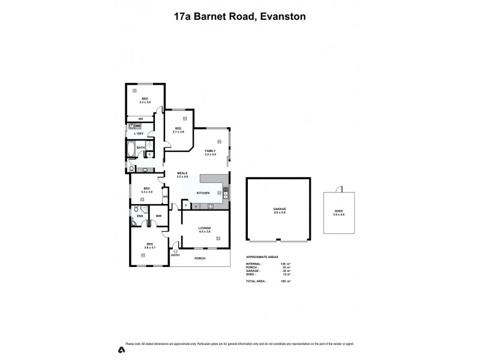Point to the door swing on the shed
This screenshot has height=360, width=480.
pos(340,189)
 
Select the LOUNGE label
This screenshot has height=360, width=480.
pos(205,228)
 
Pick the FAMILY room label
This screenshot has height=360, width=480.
pos(210,151)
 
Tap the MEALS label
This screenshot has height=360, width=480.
pos(182,173)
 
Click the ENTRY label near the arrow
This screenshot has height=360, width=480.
pos(175,256)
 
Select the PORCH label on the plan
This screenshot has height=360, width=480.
pos(200,258)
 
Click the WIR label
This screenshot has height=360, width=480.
pos(158,216)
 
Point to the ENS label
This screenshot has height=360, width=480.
pos(140,216)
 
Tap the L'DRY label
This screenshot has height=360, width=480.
pos(139,133)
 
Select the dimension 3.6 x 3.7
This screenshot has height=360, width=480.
pos(149,247)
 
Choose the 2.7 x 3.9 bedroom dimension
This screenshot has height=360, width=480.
pos(178,131)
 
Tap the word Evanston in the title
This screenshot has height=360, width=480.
pos(279,17)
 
